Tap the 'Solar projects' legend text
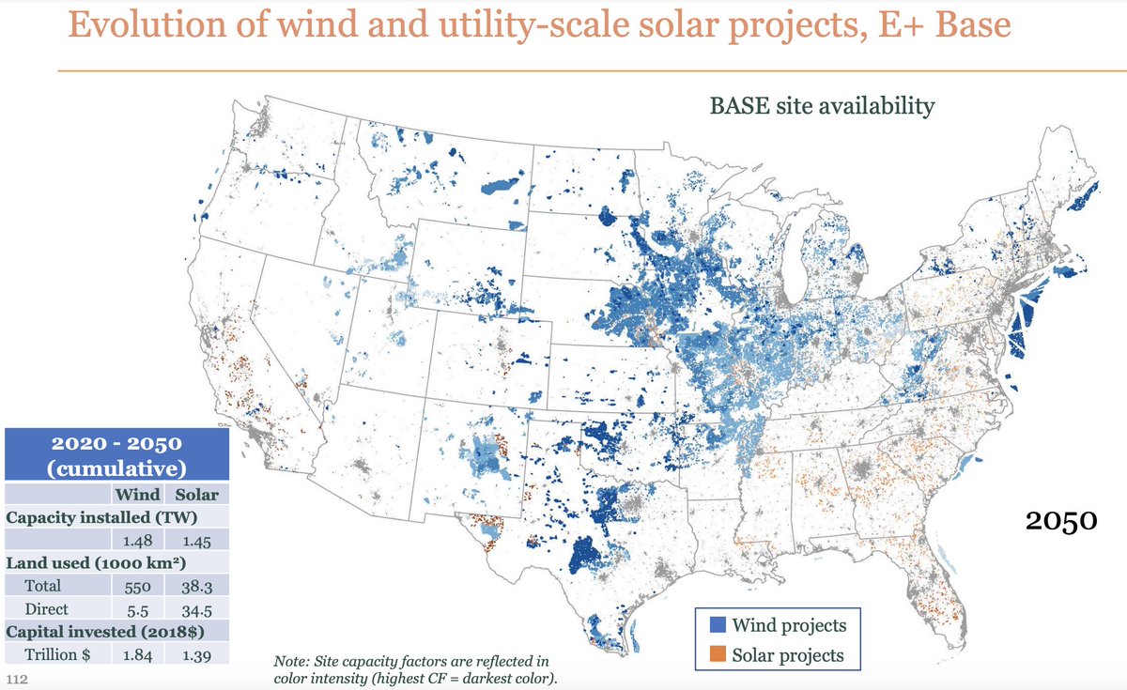(x=788, y=654)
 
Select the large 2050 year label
(x=1058, y=519)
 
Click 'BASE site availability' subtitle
(x=822, y=105)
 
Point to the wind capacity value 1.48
(x=137, y=540)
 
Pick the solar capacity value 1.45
(x=196, y=540)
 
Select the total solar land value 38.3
(x=196, y=586)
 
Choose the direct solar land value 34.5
(x=196, y=608)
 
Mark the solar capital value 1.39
(x=196, y=654)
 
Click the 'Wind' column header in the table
(x=137, y=494)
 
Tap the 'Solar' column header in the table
(x=196, y=494)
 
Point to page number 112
(x=16, y=679)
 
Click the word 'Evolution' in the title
(x=152, y=25)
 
